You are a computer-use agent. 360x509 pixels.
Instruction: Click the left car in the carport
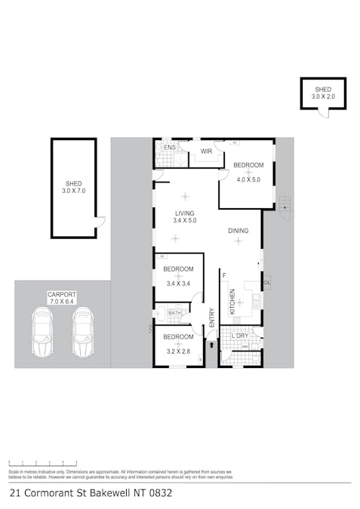(x=42, y=332)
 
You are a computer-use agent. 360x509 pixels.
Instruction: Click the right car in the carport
(x=82, y=332)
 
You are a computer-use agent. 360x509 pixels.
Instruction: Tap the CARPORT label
(x=62, y=294)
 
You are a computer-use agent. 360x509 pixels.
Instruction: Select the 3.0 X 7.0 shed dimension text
(x=74, y=191)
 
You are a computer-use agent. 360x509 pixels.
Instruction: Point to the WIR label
(x=205, y=152)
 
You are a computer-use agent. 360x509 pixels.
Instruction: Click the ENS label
(x=169, y=147)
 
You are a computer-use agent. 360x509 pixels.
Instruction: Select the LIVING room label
(x=185, y=213)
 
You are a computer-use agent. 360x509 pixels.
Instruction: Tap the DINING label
(x=238, y=231)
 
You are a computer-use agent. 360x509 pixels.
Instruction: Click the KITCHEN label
(x=232, y=302)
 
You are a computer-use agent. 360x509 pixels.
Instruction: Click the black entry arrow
(x=211, y=345)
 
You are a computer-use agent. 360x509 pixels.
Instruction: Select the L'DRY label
(x=241, y=335)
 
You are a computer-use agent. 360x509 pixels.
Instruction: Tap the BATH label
(x=174, y=313)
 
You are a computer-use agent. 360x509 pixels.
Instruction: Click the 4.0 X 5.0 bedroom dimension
(x=248, y=179)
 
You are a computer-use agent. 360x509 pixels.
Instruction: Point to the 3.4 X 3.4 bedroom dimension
(x=179, y=284)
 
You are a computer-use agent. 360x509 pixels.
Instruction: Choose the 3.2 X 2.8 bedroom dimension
(x=178, y=350)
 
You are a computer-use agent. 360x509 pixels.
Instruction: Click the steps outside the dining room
(x=284, y=203)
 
